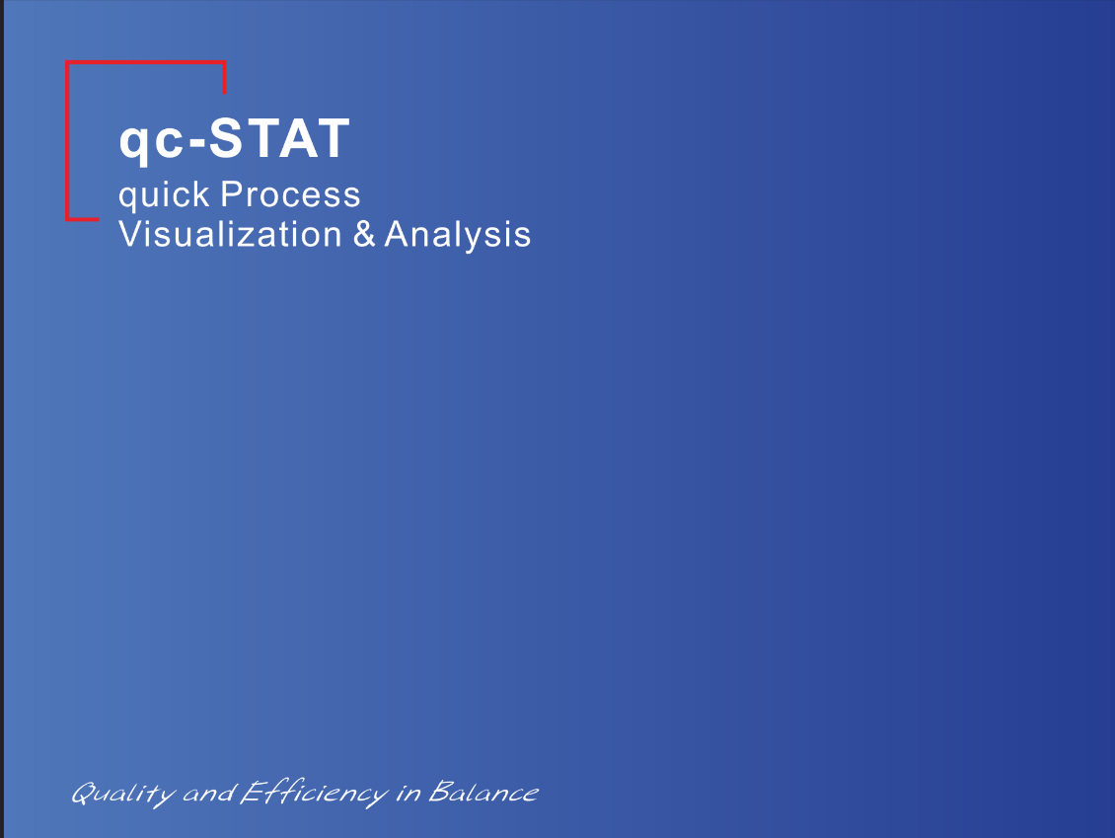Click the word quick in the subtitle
click(x=164, y=194)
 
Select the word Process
click(x=290, y=194)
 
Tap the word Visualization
click(x=230, y=234)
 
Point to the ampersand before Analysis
click(x=364, y=234)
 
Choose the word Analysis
click(x=457, y=235)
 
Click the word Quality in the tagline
click(x=123, y=794)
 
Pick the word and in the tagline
click(x=209, y=793)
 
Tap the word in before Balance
click(x=409, y=793)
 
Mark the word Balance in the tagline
click(x=483, y=792)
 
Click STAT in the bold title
click(x=279, y=138)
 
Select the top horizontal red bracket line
click(x=146, y=62)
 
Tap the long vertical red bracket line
click(x=67, y=141)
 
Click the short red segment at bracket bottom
click(x=83, y=219)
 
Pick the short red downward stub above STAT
click(x=225, y=78)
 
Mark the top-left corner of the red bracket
click(x=66, y=61)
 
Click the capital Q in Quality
click(x=84, y=793)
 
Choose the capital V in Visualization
click(x=130, y=234)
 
